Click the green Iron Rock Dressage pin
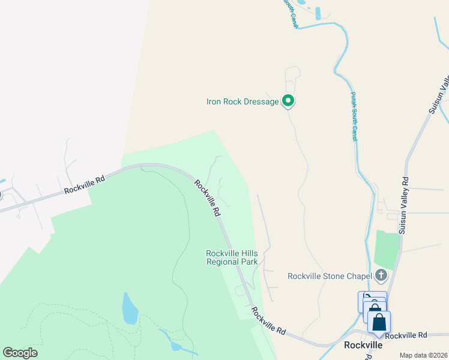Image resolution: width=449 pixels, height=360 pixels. pyautogui.click(x=288, y=101)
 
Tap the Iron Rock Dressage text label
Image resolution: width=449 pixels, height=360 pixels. pyautogui.click(x=243, y=102)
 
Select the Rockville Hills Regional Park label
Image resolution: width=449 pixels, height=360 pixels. pyautogui.click(x=232, y=257)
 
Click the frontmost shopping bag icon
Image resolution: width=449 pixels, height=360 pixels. pyautogui.click(x=379, y=323)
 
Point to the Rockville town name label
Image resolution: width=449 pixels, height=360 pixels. pyautogui.click(x=363, y=345)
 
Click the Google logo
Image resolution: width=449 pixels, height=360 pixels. pyautogui.click(x=20, y=353)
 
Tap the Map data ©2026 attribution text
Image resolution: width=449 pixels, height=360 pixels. pyautogui.click(x=423, y=355)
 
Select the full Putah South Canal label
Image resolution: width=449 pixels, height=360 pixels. pyautogui.click(x=354, y=116)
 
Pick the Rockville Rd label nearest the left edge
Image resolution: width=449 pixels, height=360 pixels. pyautogui.click(x=85, y=184)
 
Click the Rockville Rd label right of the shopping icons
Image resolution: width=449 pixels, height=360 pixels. pyautogui.click(x=406, y=335)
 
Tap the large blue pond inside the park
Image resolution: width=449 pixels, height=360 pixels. pyautogui.click(x=130, y=308)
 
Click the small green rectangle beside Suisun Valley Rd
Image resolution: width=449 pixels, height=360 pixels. pyautogui.click(x=387, y=250)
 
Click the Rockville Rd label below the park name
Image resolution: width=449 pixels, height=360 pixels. pyautogui.click(x=268, y=320)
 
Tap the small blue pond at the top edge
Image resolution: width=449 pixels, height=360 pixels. pyautogui.click(x=318, y=13)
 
